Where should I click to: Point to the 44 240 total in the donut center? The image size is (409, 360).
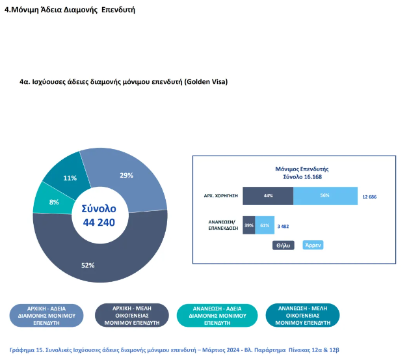pos(99,223)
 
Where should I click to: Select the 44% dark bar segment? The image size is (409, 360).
pos(268,195)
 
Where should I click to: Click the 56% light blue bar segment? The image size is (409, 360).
pos(325,195)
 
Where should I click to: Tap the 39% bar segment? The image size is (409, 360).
pos(248,225)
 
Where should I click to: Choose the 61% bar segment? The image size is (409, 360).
pos(265,225)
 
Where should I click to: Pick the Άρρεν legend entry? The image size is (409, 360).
pos(313,245)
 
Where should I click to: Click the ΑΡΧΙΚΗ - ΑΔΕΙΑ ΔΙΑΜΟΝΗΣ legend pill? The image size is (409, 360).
pos(47,315)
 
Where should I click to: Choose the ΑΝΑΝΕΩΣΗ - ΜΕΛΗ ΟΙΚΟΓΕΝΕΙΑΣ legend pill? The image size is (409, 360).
pos(302,315)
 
